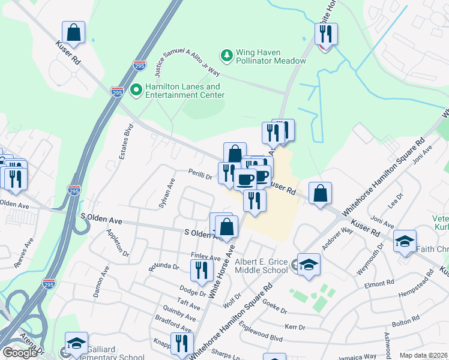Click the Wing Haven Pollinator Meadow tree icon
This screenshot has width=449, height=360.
point(227,56)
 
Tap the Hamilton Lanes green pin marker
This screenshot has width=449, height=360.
point(136,90)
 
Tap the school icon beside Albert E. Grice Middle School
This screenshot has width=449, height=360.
point(309,265)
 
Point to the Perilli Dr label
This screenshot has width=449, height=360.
point(200,176)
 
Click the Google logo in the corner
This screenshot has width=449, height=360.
point(20,353)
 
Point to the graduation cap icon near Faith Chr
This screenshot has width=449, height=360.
point(405,242)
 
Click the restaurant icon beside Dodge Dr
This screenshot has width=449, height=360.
point(202,271)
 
